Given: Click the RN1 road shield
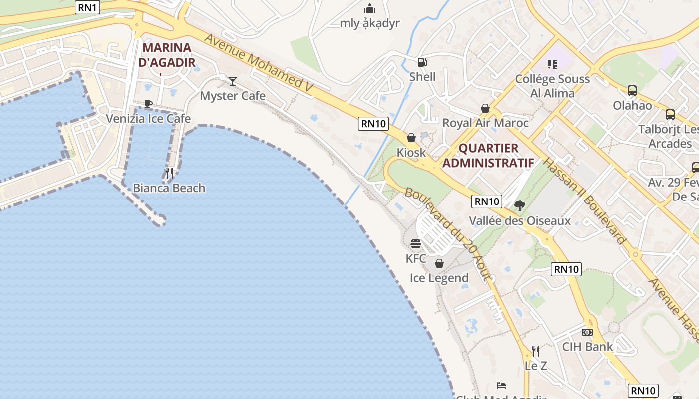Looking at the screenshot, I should pos(87,7).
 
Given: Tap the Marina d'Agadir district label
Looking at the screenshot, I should pos(167,55).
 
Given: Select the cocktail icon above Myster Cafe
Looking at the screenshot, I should pos(233,81).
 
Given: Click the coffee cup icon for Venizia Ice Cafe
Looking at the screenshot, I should pos(148,104).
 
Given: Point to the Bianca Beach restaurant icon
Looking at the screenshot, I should pos(169,173).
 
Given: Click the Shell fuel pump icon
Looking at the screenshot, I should pos(422,62).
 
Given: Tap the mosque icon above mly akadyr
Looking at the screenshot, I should pos(369,8).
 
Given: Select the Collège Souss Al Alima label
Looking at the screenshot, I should pos(552,86).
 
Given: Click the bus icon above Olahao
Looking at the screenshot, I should pos(632,91).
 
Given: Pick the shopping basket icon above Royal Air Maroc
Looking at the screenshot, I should pos(485,108).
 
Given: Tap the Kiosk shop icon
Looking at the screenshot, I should pos(411,138).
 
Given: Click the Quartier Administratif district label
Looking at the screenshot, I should pos(488,155).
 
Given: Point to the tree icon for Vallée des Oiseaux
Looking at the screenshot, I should pos(520,205).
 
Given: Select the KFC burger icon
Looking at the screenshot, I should pos(416,244).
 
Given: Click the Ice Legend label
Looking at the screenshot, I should pos(439,278).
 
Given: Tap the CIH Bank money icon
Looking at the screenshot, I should pos(587,332).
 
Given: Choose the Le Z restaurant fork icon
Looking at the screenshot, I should pos(536,351).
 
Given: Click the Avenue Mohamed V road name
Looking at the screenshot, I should pos(258,63).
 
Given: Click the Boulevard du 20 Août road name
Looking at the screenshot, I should pos(449,234).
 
